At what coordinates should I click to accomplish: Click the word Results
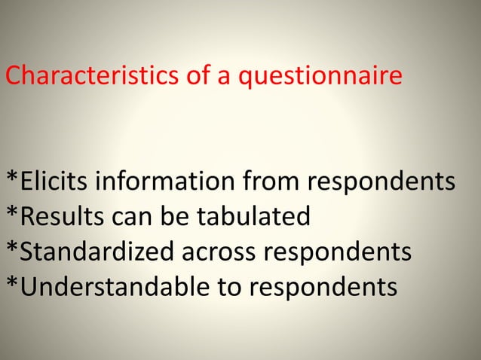point(60,217)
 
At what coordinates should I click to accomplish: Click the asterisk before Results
point(12,212)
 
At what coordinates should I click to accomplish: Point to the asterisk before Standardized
point(12,247)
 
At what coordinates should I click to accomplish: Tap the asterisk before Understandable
point(12,282)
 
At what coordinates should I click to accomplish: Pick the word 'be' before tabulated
point(171,217)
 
